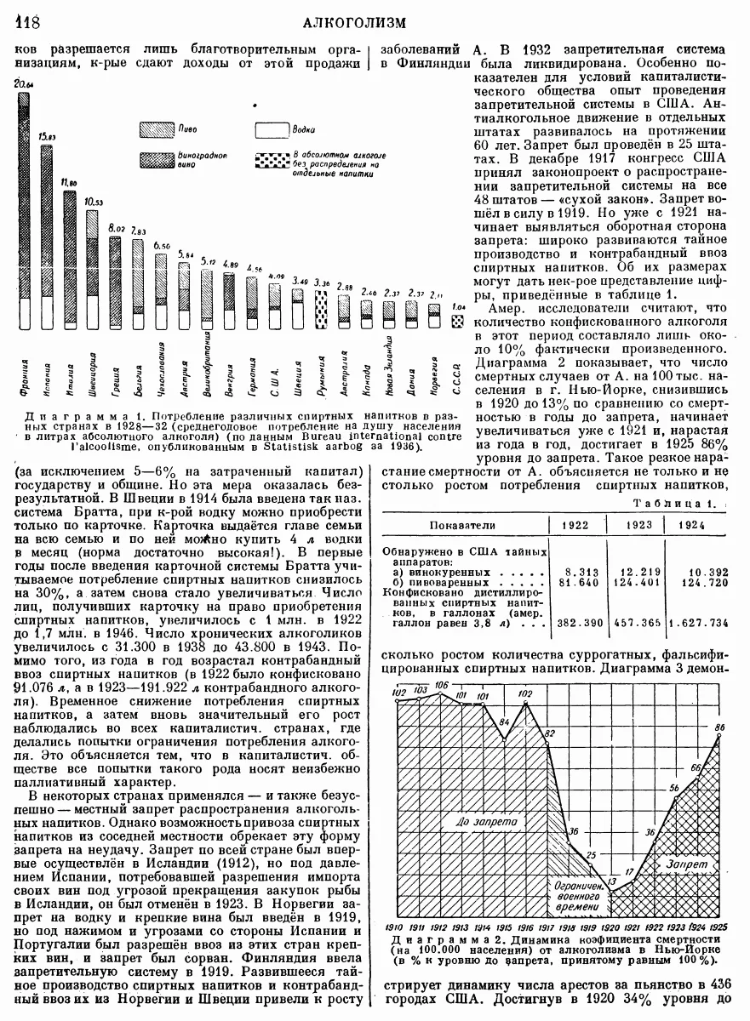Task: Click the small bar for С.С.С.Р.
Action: click(458, 322)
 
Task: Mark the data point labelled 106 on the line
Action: click(439, 694)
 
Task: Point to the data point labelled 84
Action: click(504, 733)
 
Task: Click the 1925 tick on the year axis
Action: click(719, 927)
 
